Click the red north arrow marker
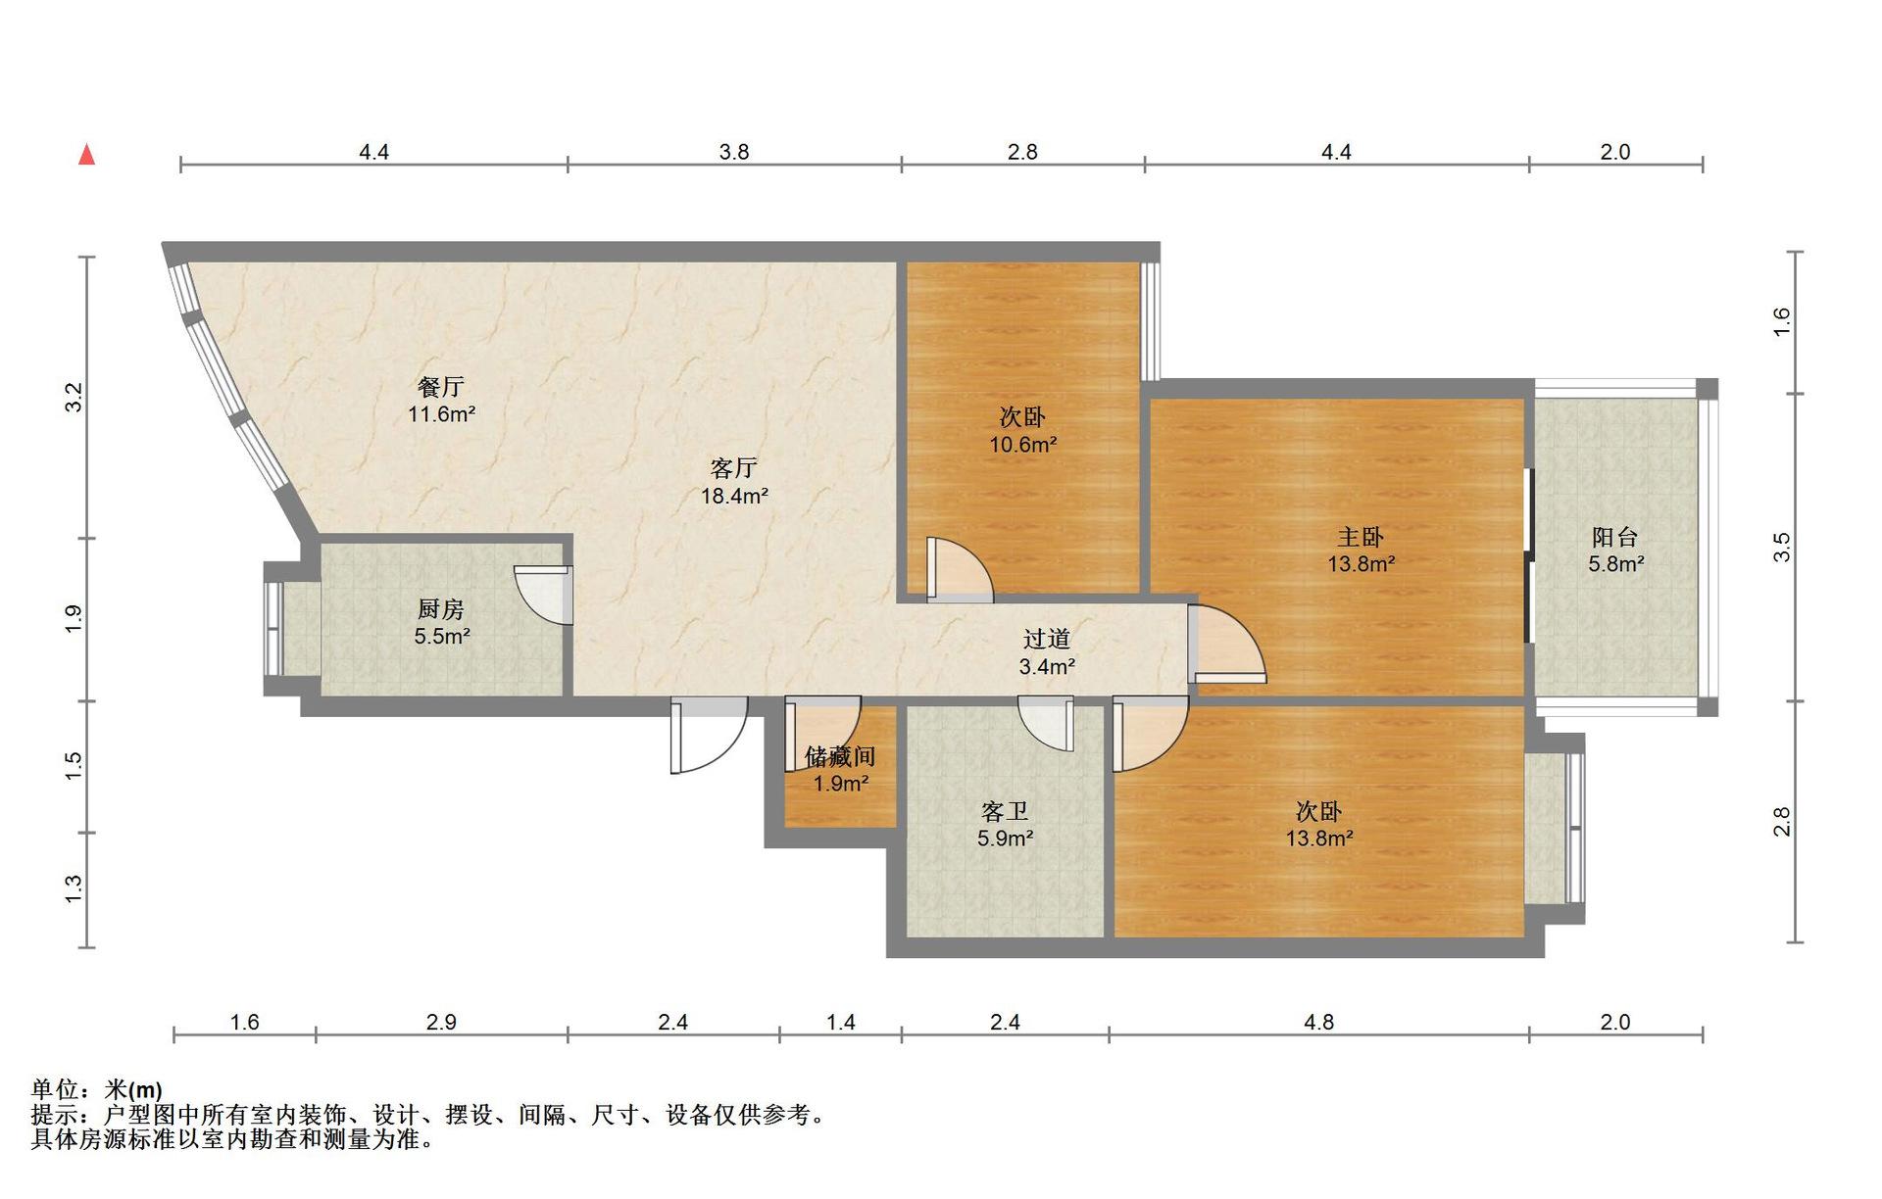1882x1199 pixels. [87, 154]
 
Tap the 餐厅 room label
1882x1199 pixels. [441, 387]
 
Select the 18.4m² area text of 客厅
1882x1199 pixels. [734, 496]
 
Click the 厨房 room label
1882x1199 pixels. [441, 609]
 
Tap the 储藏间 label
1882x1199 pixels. [840, 756]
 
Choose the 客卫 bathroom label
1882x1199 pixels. [1005, 811]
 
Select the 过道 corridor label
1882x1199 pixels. [1047, 639]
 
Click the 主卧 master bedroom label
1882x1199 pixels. [1361, 537]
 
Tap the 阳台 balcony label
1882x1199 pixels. [1615, 537]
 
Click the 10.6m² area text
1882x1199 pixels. [1022, 444]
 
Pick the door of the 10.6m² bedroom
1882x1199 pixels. [960, 569]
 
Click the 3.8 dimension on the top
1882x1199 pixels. [734, 152]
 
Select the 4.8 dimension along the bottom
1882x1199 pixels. [1319, 1022]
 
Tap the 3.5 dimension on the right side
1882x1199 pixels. [1781, 547]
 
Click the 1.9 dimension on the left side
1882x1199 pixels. [74, 619]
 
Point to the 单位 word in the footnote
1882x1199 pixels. [55, 1089]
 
